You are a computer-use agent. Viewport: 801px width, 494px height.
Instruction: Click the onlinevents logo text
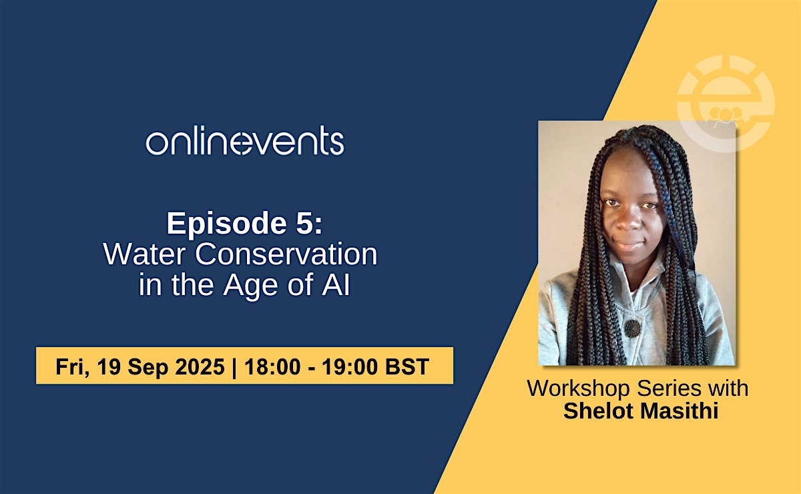click(x=245, y=141)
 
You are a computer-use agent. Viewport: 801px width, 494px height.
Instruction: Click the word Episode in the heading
click(x=227, y=223)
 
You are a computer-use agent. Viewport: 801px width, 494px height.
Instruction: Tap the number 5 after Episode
click(x=305, y=223)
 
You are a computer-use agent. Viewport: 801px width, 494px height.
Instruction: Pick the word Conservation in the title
click(x=286, y=254)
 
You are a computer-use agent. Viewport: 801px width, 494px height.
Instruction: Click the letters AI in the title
click(x=336, y=284)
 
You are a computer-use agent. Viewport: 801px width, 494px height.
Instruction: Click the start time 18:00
click(x=272, y=366)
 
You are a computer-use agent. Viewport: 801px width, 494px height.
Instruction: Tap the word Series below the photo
click(x=670, y=388)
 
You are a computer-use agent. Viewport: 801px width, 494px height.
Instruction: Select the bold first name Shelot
click(x=598, y=411)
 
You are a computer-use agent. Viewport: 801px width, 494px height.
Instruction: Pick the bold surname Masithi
click(x=679, y=411)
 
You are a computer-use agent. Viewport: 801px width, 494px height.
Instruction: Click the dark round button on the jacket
click(x=632, y=328)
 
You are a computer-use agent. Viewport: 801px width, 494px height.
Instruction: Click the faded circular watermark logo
click(x=726, y=103)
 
